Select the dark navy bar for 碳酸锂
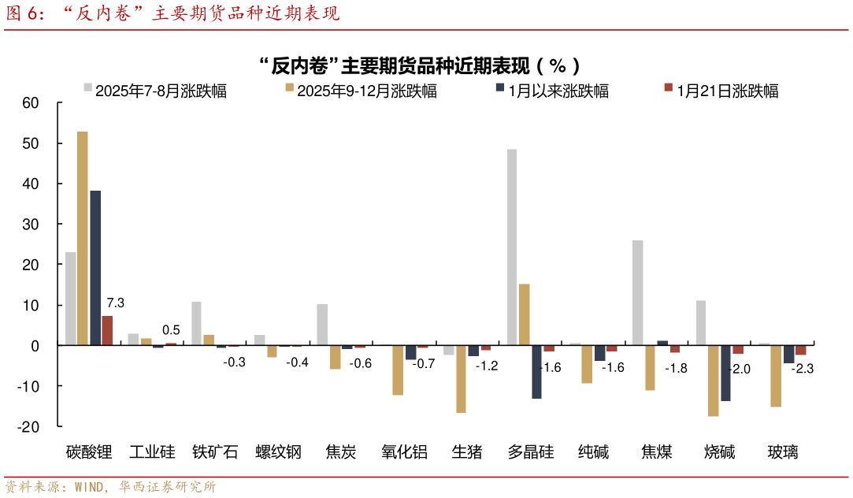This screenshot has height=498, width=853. point(95,268)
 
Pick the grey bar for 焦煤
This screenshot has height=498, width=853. point(637,292)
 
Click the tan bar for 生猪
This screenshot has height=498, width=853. point(461,379)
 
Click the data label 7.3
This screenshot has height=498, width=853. point(116,303)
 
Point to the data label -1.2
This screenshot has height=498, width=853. point(486,366)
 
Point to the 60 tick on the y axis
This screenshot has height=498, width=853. point(31,103)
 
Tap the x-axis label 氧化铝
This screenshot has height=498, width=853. point(404,452)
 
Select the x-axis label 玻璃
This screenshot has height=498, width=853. point(783,452)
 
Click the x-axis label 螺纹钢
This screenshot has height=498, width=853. point(278,452)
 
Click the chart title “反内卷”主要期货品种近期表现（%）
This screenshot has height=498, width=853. point(426,65)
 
